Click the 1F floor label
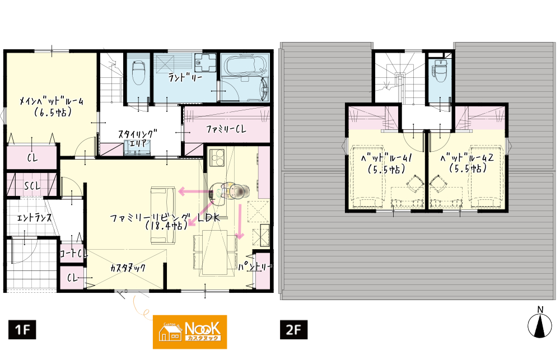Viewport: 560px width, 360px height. point(22,329)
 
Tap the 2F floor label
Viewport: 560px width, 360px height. point(293,329)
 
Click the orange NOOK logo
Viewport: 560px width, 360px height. point(190,332)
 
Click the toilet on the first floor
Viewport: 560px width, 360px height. point(138,72)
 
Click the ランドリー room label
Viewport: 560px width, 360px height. point(185,77)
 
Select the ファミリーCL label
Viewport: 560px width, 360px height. point(226,129)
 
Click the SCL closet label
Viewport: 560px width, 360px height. point(32,186)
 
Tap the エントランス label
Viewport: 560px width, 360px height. point(34,217)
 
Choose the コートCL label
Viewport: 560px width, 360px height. point(73,253)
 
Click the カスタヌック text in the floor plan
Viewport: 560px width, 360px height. point(128,268)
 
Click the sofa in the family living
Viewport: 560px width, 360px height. point(163,215)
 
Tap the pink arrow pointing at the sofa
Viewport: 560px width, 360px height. point(193,191)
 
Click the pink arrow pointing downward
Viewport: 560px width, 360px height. point(240,221)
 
